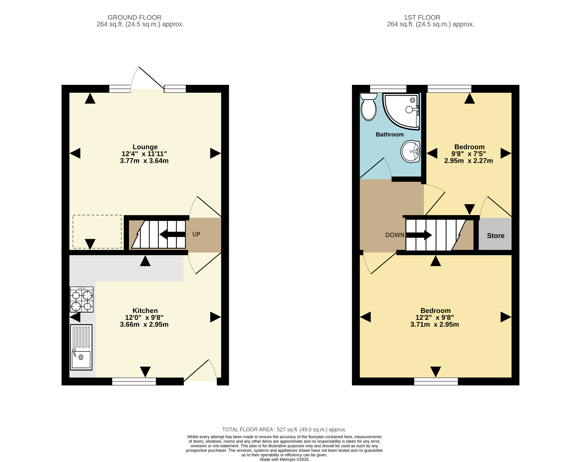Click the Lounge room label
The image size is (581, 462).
145,147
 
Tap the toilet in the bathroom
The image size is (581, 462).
368,107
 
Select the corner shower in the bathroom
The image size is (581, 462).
401,111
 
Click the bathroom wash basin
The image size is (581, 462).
410,152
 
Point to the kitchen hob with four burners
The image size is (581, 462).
81,299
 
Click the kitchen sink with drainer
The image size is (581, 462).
81,347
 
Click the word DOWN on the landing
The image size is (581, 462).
395,235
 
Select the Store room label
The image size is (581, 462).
496,236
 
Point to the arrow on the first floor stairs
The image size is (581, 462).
419,235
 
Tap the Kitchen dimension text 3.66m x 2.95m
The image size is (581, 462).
144,325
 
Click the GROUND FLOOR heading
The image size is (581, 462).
135,18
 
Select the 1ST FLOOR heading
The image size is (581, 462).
422,18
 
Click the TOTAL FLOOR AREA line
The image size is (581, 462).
284,430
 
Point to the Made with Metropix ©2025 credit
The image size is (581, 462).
284,460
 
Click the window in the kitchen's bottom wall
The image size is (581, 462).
134,381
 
